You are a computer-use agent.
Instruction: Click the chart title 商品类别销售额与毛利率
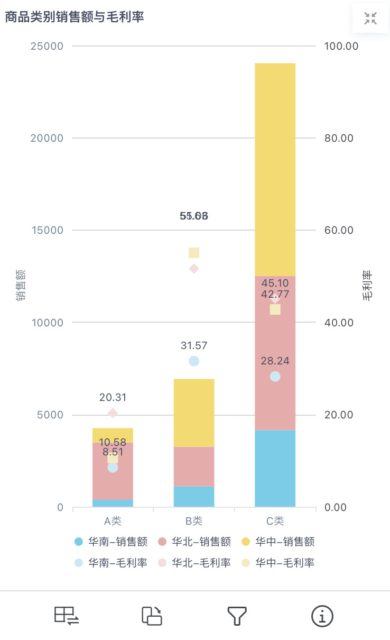pyautogui.click(x=75, y=17)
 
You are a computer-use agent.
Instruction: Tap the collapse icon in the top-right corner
pyautogui.click(x=370, y=19)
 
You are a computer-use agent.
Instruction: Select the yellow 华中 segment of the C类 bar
pyautogui.click(x=275, y=169)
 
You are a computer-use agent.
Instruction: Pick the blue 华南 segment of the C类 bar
pyautogui.click(x=275, y=469)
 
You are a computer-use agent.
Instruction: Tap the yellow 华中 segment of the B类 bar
pyautogui.click(x=194, y=413)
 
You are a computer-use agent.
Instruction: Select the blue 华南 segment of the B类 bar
pyautogui.click(x=194, y=497)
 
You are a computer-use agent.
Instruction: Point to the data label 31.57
pyautogui.click(x=194, y=346)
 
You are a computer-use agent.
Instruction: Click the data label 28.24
pyautogui.click(x=275, y=361)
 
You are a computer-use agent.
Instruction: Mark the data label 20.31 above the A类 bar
pyautogui.click(x=113, y=398)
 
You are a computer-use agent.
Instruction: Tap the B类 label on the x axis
pyautogui.click(x=194, y=521)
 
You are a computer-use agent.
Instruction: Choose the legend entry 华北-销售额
pyautogui.click(x=194, y=542)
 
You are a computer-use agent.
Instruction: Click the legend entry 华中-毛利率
pyautogui.click(x=278, y=563)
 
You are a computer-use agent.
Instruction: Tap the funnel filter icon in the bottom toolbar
pyautogui.click(x=237, y=616)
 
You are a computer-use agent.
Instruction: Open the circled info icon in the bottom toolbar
pyautogui.click(x=322, y=616)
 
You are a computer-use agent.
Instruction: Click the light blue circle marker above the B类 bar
pyautogui.click(x=194, y=361)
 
